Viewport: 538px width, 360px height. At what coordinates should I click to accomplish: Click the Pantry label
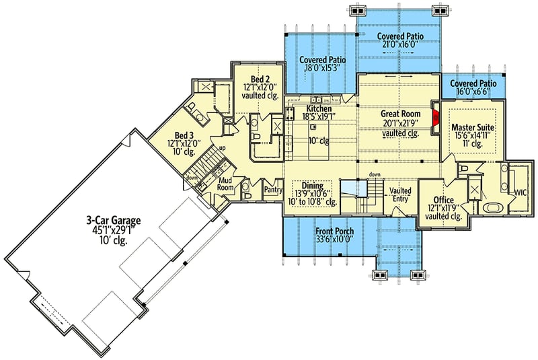point(273,190)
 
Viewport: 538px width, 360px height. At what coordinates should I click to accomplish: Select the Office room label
point(444,201)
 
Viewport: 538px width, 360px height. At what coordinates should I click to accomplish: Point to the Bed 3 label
point(185,134)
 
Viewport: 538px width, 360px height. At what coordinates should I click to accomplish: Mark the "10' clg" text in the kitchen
point(317,141)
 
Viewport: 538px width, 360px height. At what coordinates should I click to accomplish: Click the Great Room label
point(401,114)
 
